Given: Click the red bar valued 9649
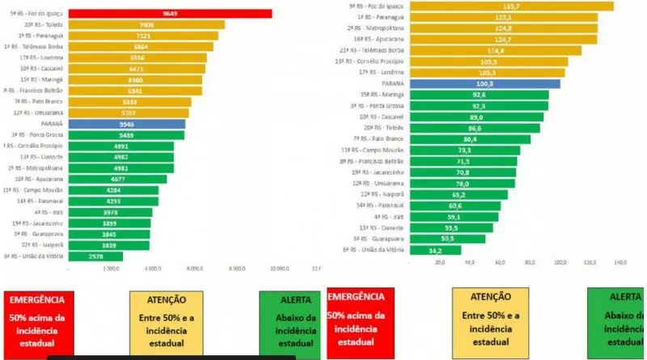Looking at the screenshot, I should coord(170,14).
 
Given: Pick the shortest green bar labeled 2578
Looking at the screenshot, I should coord(95,256).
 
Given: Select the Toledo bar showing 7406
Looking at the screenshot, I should coord(146,25).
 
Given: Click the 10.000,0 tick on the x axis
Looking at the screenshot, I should coord(280,269).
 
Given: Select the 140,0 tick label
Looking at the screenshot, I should coord(620,262).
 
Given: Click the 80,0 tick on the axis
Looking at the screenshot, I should coord(530,262).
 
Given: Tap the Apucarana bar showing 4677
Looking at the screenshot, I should coord(117,179).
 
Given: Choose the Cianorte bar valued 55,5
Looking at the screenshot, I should coord(451,228).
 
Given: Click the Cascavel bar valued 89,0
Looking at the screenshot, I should coord(477,116).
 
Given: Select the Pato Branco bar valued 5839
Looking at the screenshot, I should coord(129,102).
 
